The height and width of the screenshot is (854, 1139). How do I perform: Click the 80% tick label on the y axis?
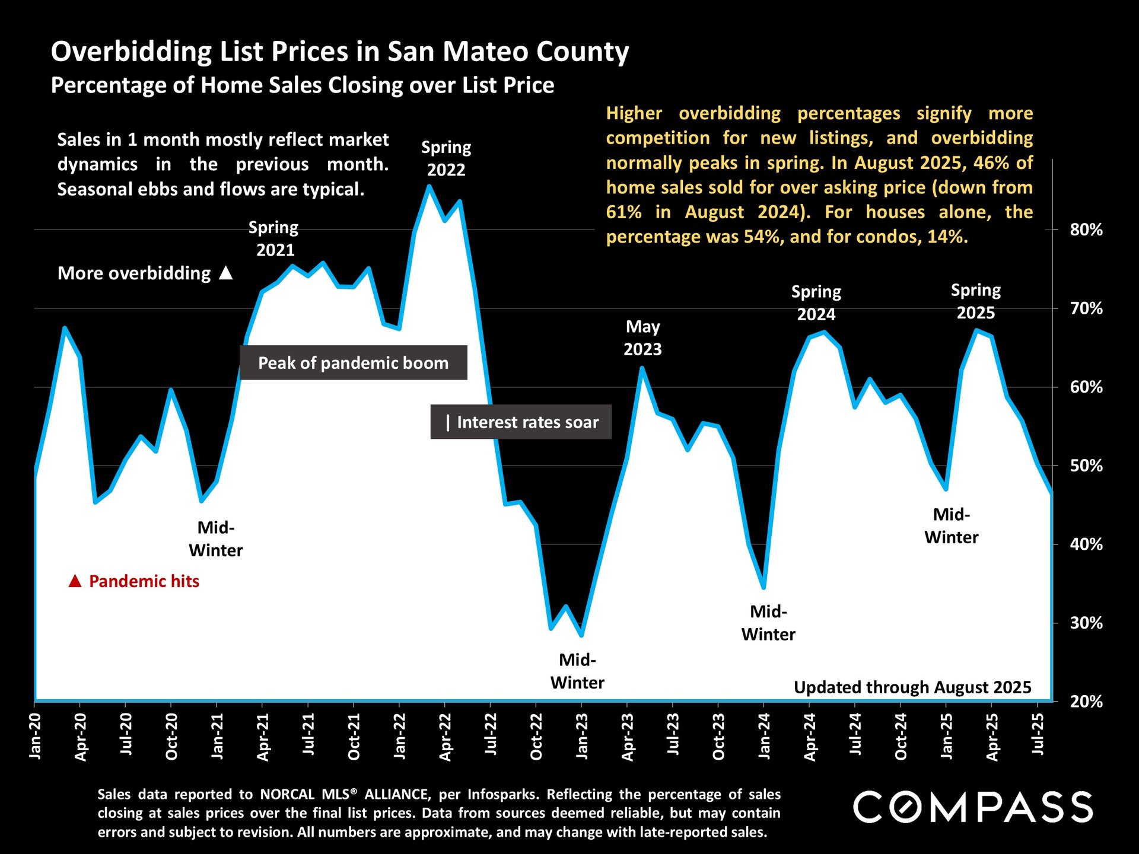point(1086,230)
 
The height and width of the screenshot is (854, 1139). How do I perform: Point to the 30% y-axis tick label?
point(1086,623)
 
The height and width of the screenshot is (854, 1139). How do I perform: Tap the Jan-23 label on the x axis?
point(582,736)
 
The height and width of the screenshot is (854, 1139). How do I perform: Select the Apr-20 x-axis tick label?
point(81,737)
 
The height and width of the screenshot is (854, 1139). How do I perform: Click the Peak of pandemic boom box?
point(353,363)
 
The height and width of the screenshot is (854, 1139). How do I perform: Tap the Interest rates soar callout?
point(521,422)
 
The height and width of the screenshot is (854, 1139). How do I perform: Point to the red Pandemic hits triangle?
point(75,581)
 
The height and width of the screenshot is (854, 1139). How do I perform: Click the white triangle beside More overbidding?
point(225,273)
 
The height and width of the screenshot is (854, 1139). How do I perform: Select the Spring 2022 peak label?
point(446,158)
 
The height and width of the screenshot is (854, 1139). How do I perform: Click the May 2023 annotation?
point(642,338)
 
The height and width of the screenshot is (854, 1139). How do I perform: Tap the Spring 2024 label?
point(816,303)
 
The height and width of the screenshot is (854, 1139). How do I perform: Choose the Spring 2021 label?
point(273,238)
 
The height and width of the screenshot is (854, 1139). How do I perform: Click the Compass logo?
point(973,807)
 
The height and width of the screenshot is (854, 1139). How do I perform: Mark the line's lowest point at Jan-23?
point(581,635)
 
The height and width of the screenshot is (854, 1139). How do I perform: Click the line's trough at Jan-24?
point(763,587)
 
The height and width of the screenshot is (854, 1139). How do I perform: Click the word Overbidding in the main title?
point(131,52)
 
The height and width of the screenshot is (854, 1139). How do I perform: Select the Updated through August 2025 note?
point(912,687)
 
